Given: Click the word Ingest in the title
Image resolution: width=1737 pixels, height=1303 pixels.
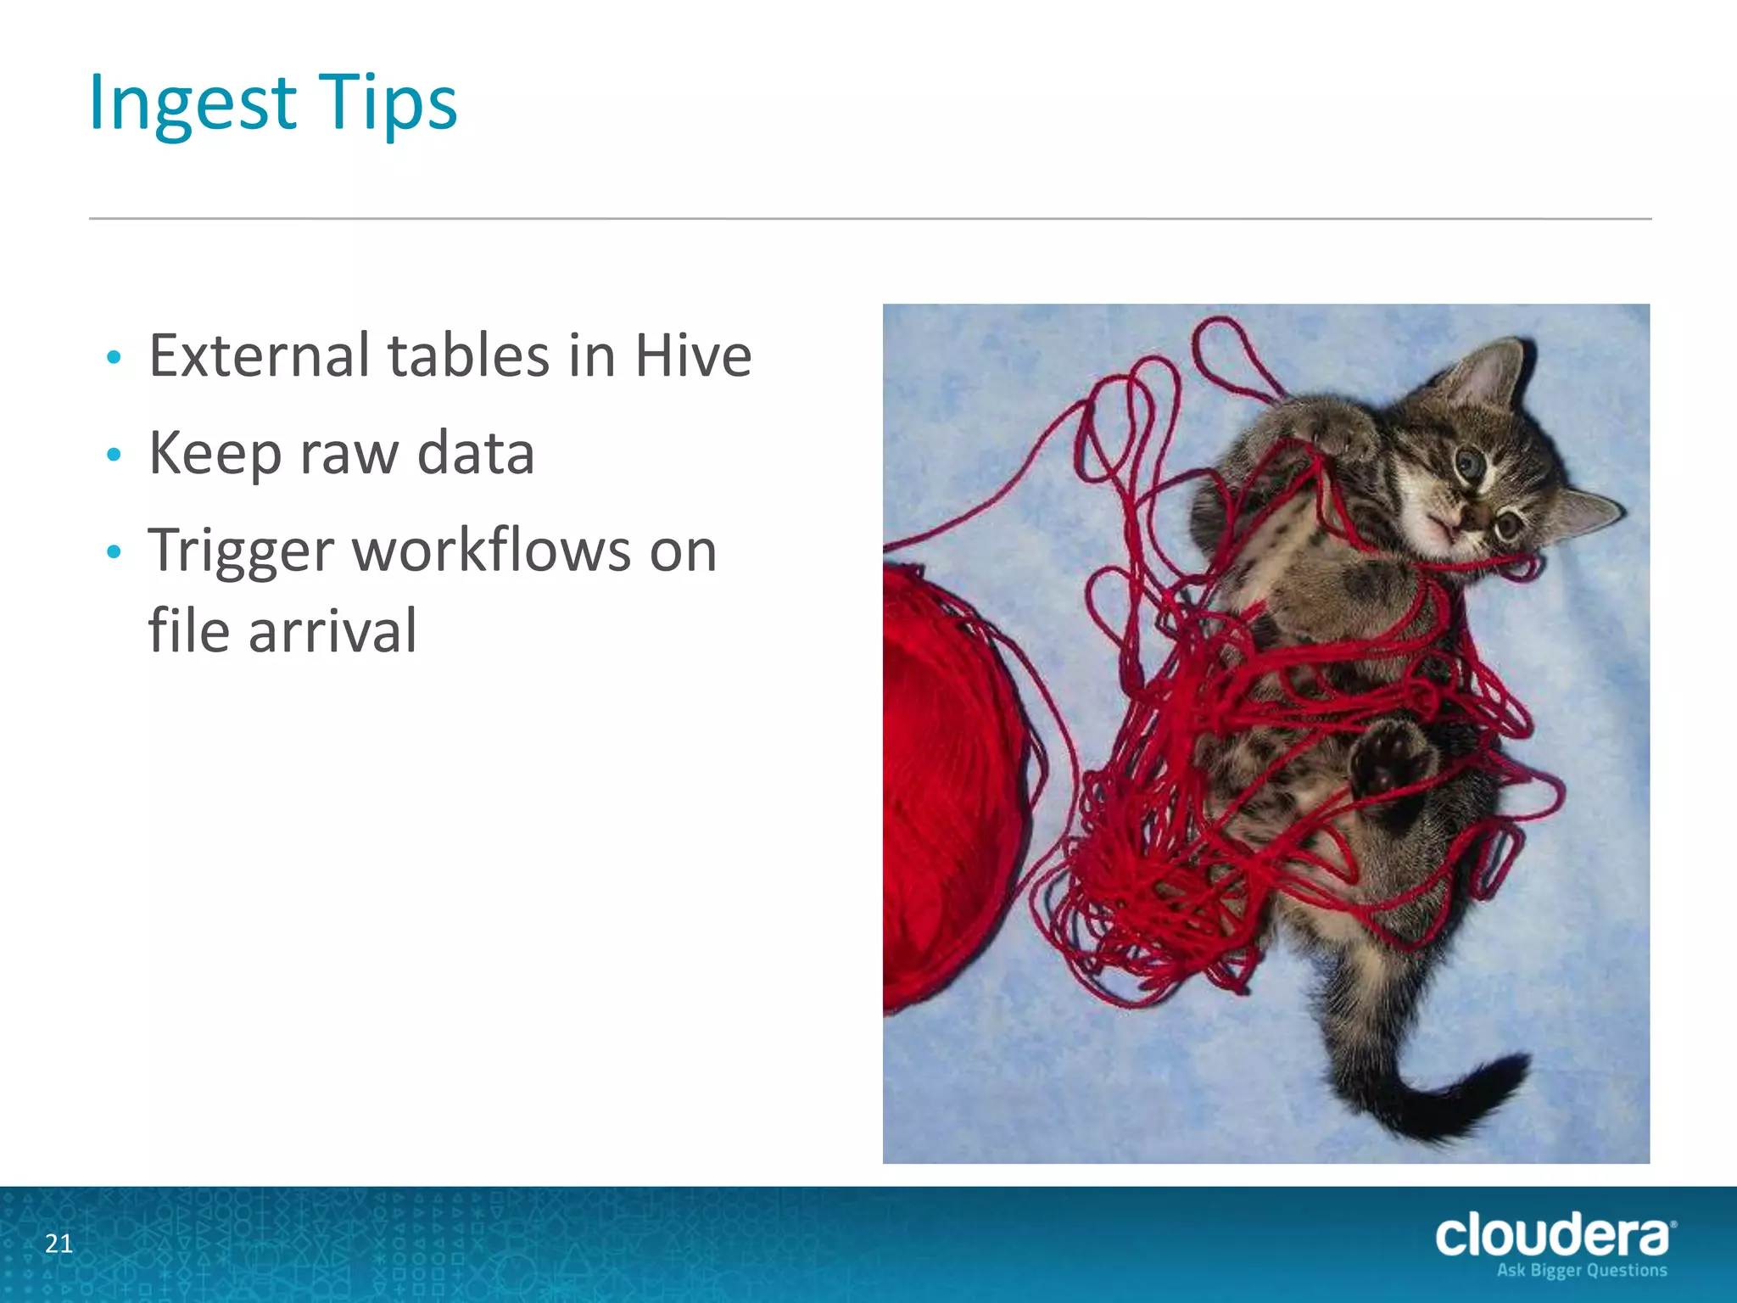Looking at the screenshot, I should tap(192, 103).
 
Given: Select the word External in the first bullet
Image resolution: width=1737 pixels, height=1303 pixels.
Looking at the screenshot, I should tap(260, 355).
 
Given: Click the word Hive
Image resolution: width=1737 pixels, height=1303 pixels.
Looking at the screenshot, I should tap(693, 355).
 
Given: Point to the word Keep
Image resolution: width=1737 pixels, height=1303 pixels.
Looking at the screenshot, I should tap(214, 454).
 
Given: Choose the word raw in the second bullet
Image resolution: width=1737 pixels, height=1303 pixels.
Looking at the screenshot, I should tap(349, 454).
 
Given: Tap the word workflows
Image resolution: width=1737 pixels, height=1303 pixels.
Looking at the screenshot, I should tap(491, 551).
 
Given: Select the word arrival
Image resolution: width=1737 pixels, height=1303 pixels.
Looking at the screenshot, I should tap(332, 631).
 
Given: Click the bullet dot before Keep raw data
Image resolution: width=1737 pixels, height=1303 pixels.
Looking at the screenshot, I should tap(114, 456).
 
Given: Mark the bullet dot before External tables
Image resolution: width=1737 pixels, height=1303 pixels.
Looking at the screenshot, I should tap(114, 357).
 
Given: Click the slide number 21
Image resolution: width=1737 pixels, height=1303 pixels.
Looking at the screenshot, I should tap(59, 1244).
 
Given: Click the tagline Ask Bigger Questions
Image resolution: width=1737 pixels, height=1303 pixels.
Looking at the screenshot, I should tap(1581, 1271).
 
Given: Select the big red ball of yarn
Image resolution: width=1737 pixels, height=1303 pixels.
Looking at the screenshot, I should tap(946, 789).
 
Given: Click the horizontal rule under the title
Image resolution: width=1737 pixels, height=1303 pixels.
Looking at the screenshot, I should tap(870, 219).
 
